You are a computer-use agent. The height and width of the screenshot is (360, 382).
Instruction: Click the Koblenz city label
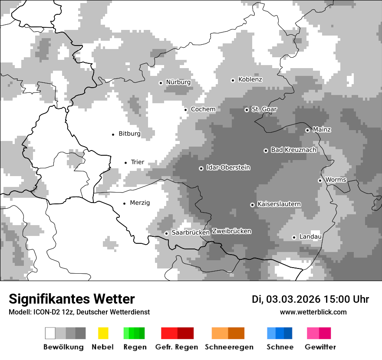250,80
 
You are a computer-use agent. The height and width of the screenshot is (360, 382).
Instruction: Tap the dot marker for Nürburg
161,82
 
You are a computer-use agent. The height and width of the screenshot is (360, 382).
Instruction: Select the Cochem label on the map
203,109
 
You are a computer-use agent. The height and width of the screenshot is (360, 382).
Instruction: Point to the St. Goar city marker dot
247,110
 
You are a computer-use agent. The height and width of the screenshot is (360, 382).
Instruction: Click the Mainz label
322,130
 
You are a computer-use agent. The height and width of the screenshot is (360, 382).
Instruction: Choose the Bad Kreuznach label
293,150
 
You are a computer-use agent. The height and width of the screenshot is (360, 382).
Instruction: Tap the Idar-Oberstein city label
228,168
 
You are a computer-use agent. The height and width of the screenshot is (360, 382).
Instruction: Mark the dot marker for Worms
320,180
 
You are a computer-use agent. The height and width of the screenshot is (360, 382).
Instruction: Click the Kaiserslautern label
279,204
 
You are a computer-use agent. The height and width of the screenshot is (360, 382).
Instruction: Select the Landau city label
310,237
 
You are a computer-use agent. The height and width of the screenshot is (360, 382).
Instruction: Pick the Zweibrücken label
231,231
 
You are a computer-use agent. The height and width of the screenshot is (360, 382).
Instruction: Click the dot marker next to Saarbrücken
166,233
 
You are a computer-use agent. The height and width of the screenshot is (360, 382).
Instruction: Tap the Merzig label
140,203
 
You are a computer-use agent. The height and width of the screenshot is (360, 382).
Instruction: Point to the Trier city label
137,162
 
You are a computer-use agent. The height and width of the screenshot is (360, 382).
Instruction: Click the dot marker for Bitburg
113,134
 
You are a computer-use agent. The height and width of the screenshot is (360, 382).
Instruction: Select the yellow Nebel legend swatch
103,333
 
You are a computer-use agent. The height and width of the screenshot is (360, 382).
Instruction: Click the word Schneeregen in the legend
229,347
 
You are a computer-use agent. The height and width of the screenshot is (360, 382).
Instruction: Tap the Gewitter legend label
320,347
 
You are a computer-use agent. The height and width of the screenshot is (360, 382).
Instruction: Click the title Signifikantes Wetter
72,299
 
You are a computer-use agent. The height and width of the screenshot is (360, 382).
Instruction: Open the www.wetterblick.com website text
313,312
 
